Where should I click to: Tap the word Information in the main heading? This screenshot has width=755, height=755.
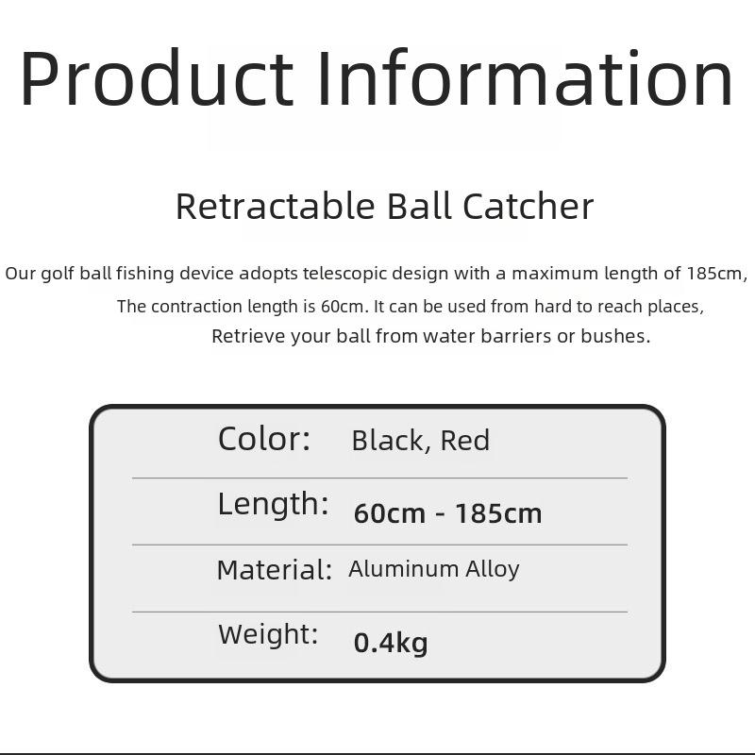525,77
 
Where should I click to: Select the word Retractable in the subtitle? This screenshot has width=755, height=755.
276,206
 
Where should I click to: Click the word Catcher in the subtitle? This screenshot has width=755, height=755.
528,206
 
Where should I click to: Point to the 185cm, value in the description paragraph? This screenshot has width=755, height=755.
717,274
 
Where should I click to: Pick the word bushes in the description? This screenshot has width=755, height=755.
615,336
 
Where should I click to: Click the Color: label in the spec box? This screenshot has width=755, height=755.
264,439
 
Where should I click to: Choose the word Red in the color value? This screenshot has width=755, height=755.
465,441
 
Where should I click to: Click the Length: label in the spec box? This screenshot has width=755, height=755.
273,505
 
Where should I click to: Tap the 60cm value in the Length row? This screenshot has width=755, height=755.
390,513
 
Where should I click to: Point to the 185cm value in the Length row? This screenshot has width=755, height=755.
498,513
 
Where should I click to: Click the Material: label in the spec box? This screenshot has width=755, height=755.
275,570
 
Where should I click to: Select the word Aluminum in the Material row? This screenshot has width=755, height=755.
404,569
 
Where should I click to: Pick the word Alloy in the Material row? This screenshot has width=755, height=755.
493,570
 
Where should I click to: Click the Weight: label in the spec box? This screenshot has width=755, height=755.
268,633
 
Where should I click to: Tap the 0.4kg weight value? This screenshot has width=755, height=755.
391,644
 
